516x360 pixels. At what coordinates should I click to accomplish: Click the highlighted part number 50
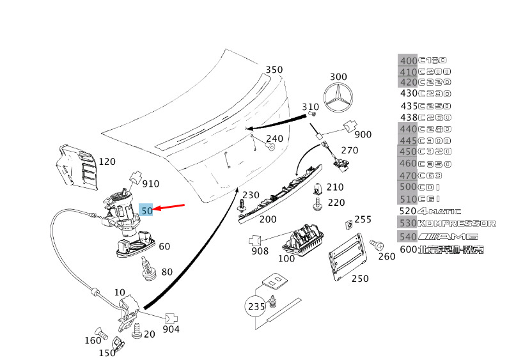click(146, 210)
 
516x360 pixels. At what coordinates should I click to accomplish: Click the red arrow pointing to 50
click(169, 207)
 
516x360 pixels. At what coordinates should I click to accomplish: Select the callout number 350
click(274, 70)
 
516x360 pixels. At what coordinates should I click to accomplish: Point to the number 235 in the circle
click(256, 307)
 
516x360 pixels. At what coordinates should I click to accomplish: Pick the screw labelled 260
click(377, 245)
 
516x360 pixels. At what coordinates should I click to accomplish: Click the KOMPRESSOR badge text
click(457, 223)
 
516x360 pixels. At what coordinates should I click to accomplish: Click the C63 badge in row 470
click(430, 176)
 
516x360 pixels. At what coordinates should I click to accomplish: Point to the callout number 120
click(107, 162)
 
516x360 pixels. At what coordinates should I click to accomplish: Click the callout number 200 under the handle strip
click(268, 219)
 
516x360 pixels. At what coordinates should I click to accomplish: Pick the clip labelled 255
click(349, 224)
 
